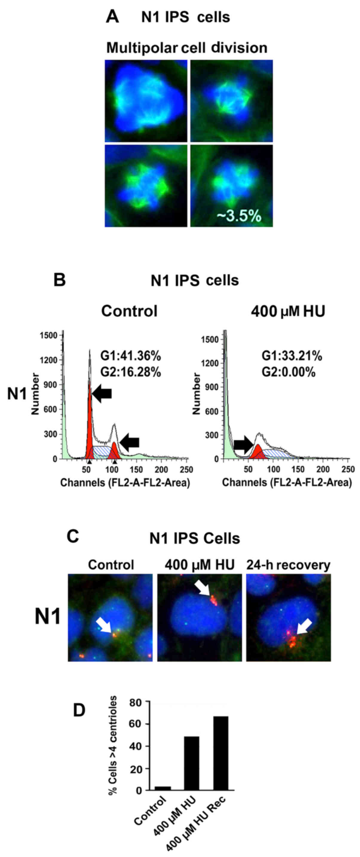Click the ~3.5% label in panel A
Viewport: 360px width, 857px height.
(x=239, y=216)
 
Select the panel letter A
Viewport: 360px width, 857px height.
(x=112, y=17)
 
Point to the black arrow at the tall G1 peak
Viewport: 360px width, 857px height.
(x=102, y=394)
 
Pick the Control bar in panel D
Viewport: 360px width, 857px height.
(x=163, y=788)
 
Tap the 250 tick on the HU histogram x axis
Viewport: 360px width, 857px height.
(x=348, y=469)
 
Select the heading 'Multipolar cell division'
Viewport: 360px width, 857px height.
(x=187, y=48)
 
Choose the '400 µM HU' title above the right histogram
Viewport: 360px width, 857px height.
(x=288, y=311)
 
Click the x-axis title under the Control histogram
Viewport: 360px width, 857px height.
(x=125, y=482)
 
